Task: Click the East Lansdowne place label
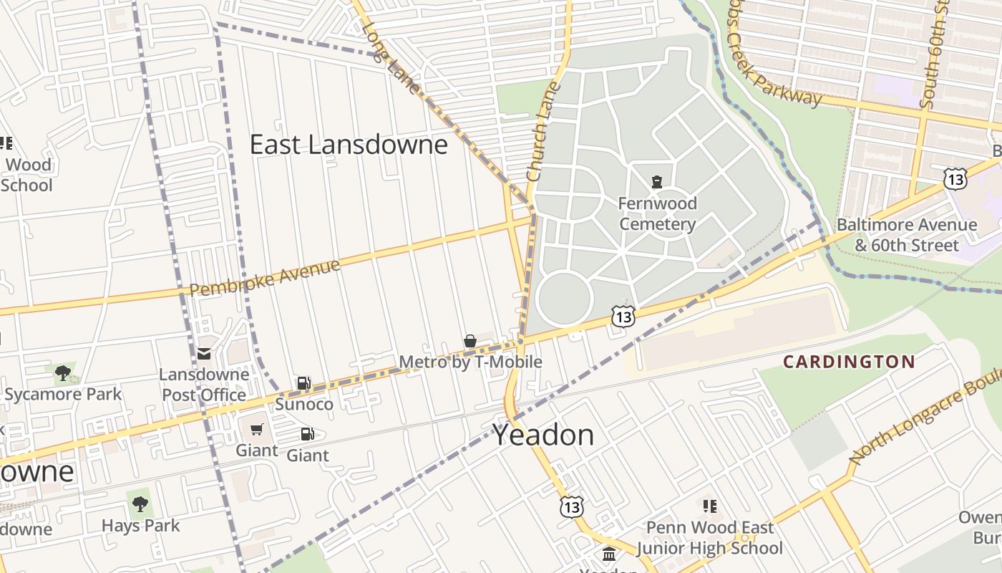click(x=349, y=145)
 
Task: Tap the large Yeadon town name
click(x=543, y=435)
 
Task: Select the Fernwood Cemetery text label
click(x=657, y=213)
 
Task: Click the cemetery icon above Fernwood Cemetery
click(x=657, y=181)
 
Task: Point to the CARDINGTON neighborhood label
click(x=849, y=362)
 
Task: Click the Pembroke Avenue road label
click(x=265, y=277)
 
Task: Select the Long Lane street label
click(x=391, y=57)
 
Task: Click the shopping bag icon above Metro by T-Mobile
click(x=470, y=341)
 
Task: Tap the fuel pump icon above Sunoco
click(x=304, y=383)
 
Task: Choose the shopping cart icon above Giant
click(x=257, y=430)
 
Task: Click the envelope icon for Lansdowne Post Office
click(x=204, y=352)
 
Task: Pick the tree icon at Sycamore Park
click(x=63, y=372)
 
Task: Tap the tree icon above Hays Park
click(x=140, y=504)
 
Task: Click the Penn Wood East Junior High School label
click(x=709, y=538)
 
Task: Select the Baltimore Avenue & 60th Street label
click(x=906, y=235)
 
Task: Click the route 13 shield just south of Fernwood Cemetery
click(x=623, y=315)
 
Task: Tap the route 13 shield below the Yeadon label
click(x=571, y=507)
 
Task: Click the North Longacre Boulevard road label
click(x=923, y=423)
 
